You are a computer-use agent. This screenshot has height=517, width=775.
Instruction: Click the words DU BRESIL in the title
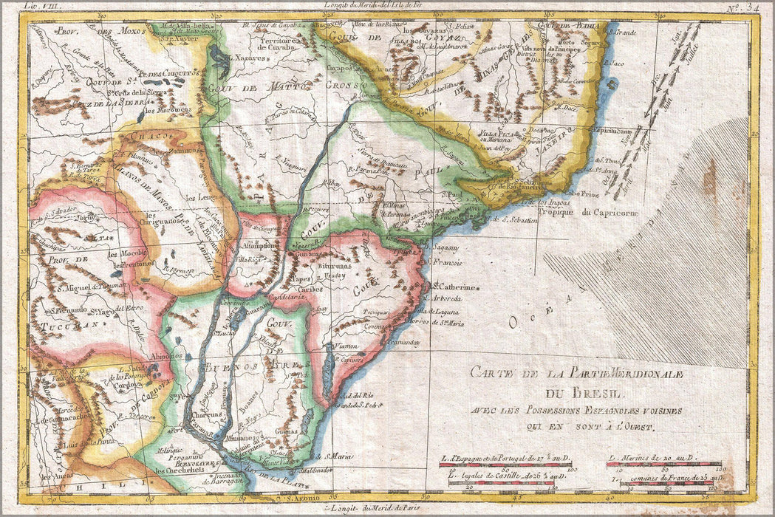coord(585,392)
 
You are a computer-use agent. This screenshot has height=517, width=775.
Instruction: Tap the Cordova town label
coord(128,383)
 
